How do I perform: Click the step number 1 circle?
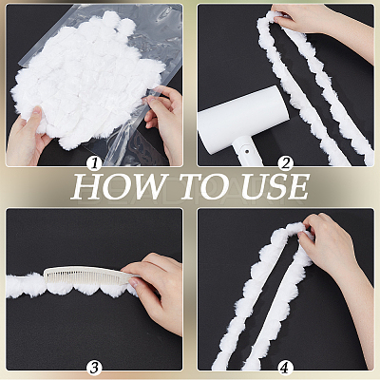94,163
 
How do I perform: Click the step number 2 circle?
286,163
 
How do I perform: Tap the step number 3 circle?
94,368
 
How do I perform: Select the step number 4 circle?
286,368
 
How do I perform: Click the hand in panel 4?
332,254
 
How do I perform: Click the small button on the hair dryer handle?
245,148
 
